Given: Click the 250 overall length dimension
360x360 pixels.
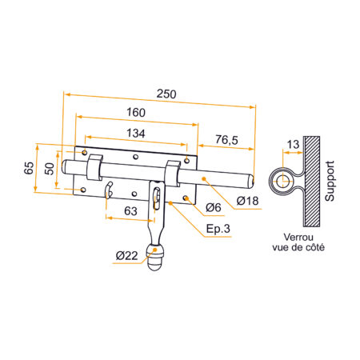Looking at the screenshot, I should (x=166, y=94).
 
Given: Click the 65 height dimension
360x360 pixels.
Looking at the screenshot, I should (x=28, y=168).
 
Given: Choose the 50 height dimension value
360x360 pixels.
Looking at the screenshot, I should (x=49, y=168).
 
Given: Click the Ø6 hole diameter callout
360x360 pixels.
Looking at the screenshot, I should (x=213, y=208).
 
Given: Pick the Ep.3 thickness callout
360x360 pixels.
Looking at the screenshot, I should (x=218, y=230).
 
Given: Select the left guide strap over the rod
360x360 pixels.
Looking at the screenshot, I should (x=93, y=168).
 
